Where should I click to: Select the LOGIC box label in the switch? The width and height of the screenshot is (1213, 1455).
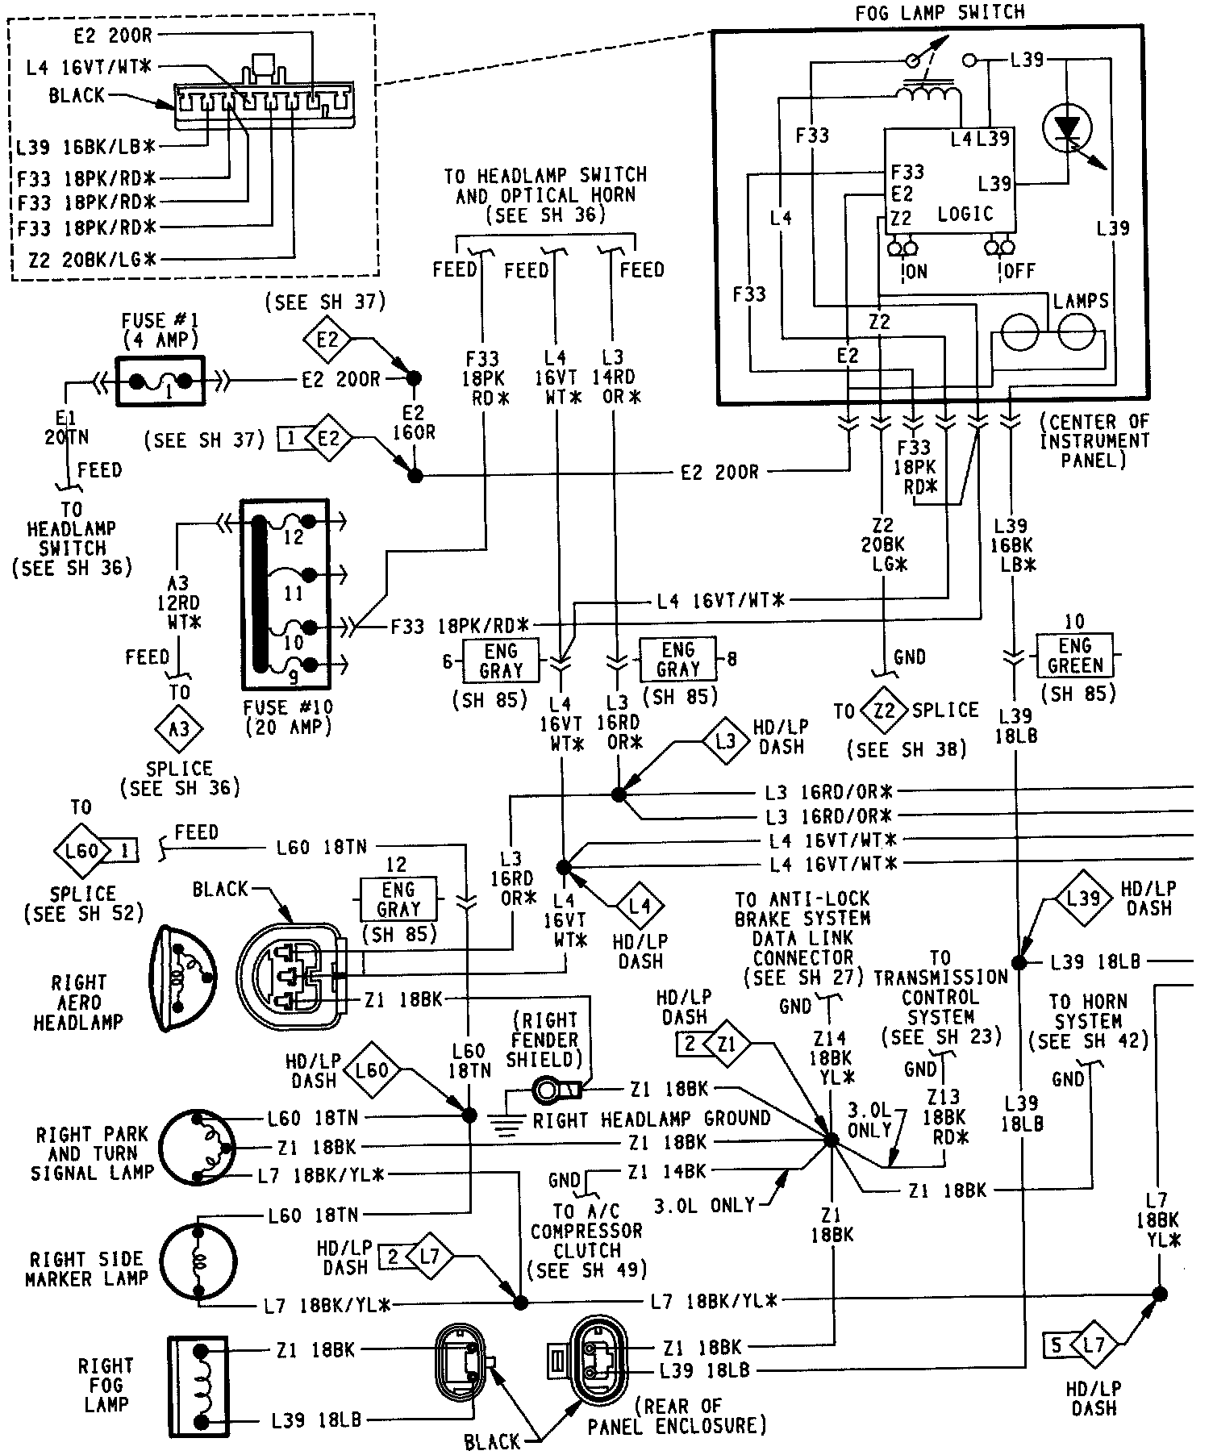point(965,214)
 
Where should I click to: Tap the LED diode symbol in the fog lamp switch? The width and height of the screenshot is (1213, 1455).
point(1067,127)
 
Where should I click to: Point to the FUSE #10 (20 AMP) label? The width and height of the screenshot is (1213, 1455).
point(288,717)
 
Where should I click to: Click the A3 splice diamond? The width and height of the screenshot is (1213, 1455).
point(179,729)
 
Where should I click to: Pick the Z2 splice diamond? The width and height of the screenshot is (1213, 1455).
point(884,711)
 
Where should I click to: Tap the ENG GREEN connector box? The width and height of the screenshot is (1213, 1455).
point(1075,656)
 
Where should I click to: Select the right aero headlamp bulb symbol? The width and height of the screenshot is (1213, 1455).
point(185,978)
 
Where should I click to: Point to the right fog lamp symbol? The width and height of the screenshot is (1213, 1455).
point(199,1386)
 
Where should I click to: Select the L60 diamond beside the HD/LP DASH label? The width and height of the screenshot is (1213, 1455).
point(372,1071)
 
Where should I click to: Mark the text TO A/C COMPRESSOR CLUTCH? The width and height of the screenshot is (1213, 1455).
point(586,1240)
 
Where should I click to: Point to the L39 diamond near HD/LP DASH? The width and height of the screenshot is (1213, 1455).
point(1083,898)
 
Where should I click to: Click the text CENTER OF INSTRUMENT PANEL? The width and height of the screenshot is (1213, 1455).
point(1094,440)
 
